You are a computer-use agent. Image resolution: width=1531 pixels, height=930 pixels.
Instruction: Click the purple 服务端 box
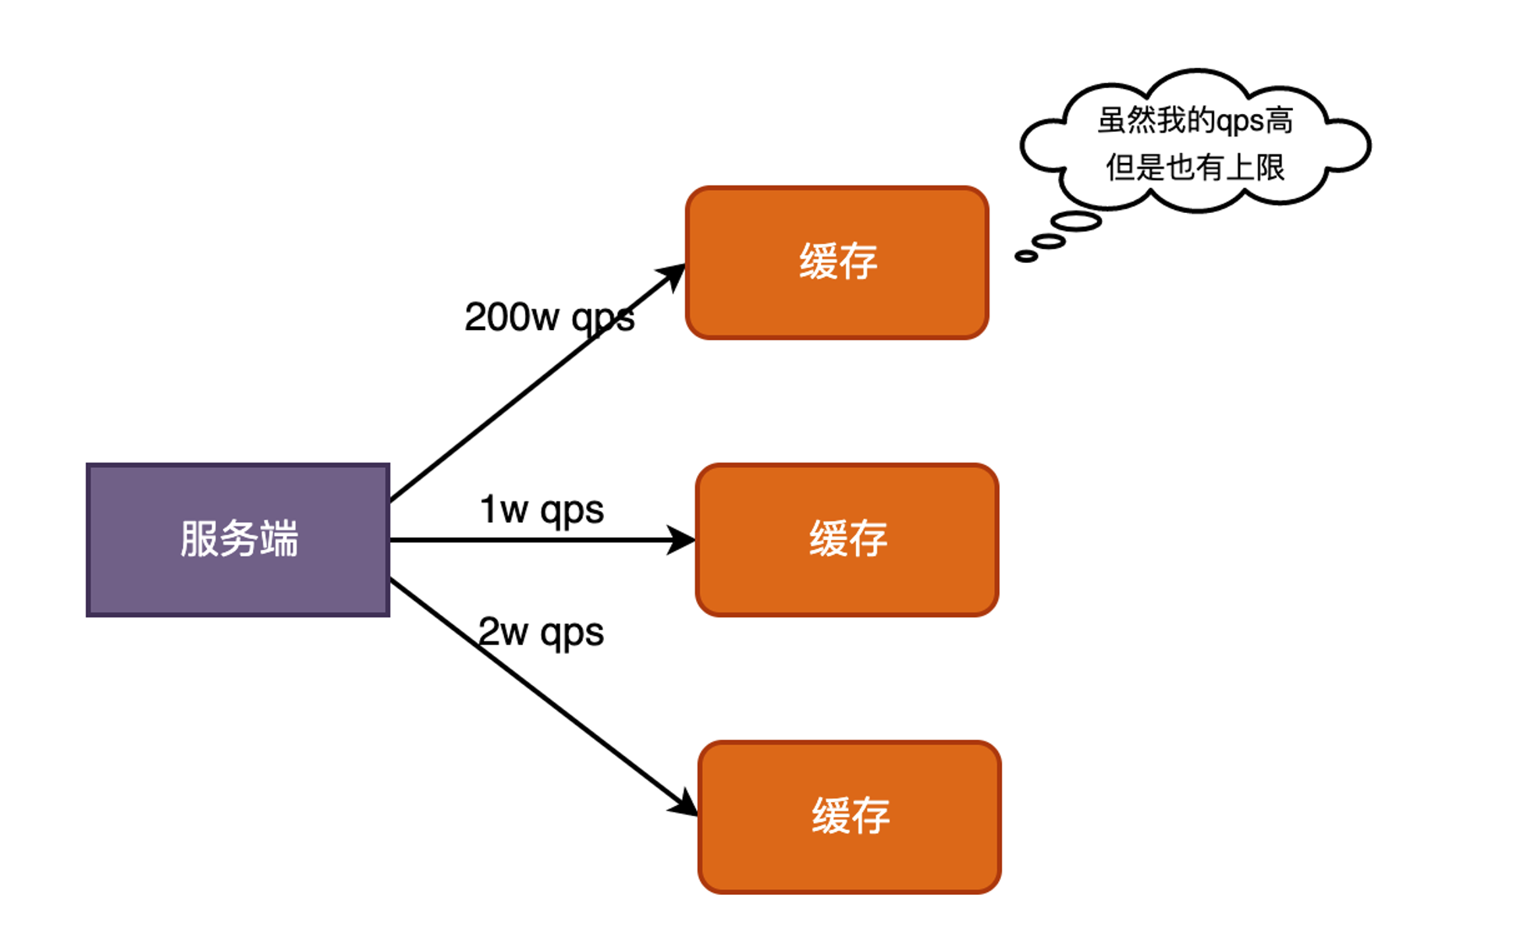pyautogui.click(x=238, y=540)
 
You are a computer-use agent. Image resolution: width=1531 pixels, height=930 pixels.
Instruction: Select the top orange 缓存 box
pyautogui.click(x=837, y=262)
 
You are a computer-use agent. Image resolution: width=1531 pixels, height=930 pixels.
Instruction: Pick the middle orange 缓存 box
pyautogui.click(x=847, y=540)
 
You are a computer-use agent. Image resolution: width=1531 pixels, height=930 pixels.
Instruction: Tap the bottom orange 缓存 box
pyautogui.click(x=850, y=817)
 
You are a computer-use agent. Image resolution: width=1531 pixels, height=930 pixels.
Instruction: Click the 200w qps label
pyautogui.click(x=549, y=318)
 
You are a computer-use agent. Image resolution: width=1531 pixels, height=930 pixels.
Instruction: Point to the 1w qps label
pyautogui.click(x=542, y=510)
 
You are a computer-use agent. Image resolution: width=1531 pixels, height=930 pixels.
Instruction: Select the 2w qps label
pyautogui.click(x=541, y=632)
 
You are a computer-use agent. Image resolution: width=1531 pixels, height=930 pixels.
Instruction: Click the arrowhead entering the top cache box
pyautogui.click(x=673, y=275)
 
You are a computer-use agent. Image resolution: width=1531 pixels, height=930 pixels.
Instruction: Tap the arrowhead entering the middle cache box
pyautogui.click(x=682, y=540)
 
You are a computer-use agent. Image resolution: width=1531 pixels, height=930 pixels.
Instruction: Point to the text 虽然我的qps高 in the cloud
pyautogui.click(x=1195, y=121)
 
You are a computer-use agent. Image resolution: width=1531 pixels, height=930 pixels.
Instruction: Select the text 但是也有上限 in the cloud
pyautogui.click(x=1195, y=167)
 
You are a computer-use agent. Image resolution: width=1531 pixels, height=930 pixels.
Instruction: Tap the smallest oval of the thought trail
pyautogui.click(x=1026, y=256)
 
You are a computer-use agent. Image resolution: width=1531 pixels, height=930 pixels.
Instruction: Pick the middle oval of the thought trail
pyautogui.click(x=1049, y=241)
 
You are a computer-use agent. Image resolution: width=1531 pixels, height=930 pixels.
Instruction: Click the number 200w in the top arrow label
pyautogui.click(x=512, y=318)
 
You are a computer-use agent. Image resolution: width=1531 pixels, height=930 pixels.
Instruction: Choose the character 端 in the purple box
pyautogui.click(x=279, y=539)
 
